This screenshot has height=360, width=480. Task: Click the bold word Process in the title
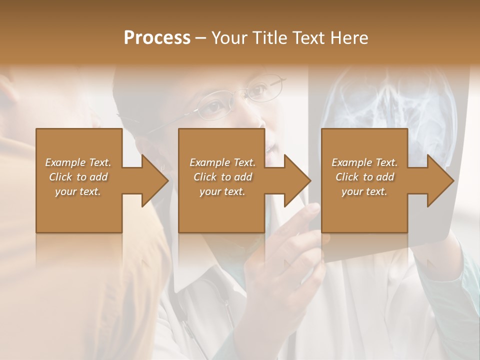157,38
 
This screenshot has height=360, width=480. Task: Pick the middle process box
221,210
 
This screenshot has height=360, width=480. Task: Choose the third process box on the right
364,210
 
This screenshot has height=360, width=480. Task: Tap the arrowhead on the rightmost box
438,180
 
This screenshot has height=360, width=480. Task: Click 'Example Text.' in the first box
78,162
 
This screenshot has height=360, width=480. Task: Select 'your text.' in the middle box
222,191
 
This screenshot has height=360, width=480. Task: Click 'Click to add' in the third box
364,177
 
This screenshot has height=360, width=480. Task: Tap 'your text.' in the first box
78,191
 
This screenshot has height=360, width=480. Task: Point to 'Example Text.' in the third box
364,162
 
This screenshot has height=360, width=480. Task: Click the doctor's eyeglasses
235,100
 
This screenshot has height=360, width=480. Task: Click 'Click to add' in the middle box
222,177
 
